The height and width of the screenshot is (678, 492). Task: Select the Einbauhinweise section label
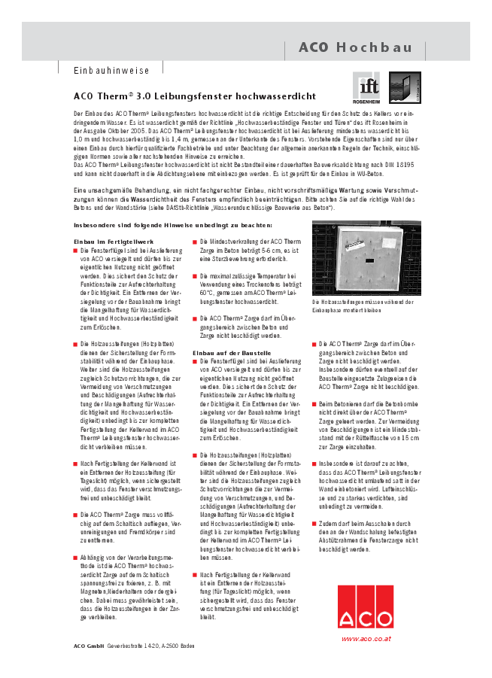(x=111, y=71)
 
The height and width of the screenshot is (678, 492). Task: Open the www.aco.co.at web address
(x=366, y=638)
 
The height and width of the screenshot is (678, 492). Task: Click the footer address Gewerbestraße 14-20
(x=135, y=646)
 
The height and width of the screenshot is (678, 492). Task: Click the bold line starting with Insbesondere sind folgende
(x=172, y=225)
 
